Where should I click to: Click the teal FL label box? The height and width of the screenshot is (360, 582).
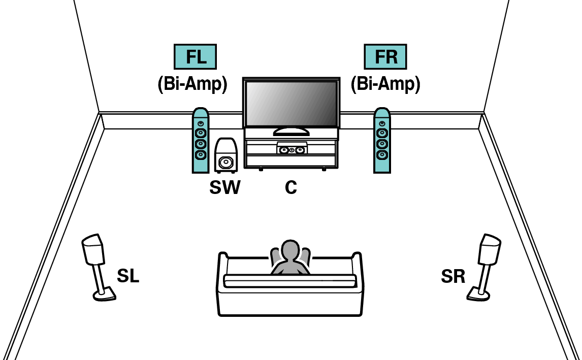tap(196, 57)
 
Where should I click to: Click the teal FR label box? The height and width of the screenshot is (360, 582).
tap(386, 57)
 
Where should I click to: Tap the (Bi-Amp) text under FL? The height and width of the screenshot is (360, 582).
tap(192, 84)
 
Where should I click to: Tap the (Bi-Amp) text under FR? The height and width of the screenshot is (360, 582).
tap(385, 84)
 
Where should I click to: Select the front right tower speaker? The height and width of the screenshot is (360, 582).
tap(382, 141)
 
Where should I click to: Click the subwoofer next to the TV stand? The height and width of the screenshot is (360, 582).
tap(225, 155)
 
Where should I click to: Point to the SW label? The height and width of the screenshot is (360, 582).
tap(224, 188)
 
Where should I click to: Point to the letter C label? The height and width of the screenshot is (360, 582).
tap(290, 188)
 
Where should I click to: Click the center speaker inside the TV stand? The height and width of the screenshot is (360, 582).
tap(292, 150)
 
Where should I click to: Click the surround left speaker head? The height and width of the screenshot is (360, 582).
tap(93, 249)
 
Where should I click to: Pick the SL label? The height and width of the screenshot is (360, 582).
tap(127, 276)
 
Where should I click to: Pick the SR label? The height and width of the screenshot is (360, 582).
tap(453, 276)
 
